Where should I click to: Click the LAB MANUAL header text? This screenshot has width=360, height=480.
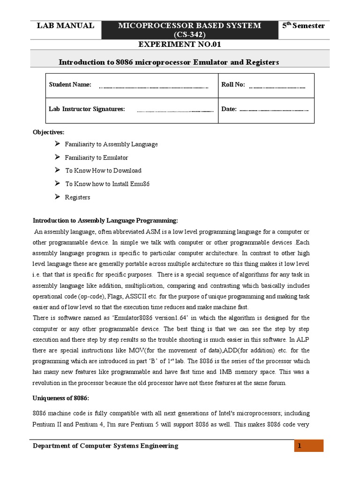(65, 26)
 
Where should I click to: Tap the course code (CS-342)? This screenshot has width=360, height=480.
(190, 35)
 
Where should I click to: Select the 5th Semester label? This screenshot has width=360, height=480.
(303, 26)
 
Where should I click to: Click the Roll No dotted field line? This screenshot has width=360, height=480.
(277, 87)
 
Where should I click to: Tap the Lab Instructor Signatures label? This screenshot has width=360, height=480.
(87, 109)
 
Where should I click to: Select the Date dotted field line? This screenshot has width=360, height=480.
(274, 111)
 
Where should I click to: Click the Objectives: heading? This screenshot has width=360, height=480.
(48, 133)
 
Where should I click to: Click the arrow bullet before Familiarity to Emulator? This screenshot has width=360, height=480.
(57, 157)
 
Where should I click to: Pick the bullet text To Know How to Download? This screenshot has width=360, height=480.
(103, 171)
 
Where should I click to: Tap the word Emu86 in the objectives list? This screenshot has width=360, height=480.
(140, 184)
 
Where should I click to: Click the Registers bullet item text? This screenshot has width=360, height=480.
(77, 197)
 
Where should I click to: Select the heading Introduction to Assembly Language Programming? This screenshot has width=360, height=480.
(105, 221)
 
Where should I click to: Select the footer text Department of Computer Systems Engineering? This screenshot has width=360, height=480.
(105, 446)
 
